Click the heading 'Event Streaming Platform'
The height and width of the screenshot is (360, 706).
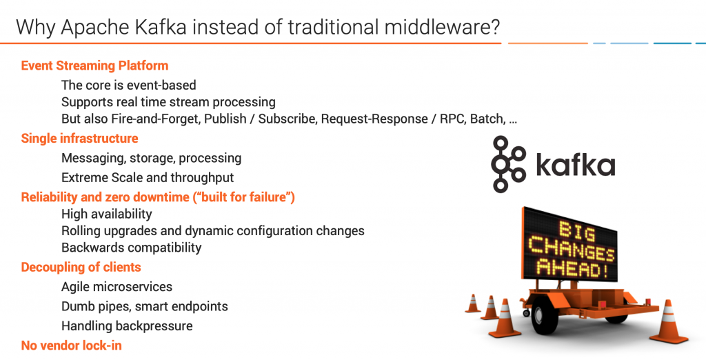click(x=94, y=66)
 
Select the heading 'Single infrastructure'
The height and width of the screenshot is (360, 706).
click(x=79, y=139)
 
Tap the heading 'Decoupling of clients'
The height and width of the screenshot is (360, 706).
click(x=81, y=267)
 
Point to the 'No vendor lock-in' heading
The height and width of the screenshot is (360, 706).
click(x=71, y=346)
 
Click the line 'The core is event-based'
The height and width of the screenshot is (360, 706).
click(x=128, y=86)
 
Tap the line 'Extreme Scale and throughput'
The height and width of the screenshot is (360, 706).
click(x=148, y=178)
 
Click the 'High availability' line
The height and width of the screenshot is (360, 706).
click(x=106, y=214)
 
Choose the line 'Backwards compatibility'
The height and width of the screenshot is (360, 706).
click(x=131, y=248)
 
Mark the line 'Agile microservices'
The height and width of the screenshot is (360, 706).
click(x=117, y=287)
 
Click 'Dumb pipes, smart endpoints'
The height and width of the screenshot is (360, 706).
click(x=144, y=306)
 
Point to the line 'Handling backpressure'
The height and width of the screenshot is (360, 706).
click(x=127, y=326)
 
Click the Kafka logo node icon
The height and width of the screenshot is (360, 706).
click(x=509, y=164)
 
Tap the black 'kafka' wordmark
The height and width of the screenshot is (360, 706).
click(x=575, y=166)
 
